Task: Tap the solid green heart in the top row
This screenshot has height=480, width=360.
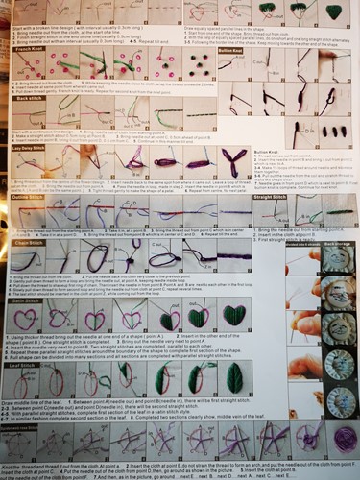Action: [334, 12]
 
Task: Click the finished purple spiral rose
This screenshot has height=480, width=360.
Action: [343, 441]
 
